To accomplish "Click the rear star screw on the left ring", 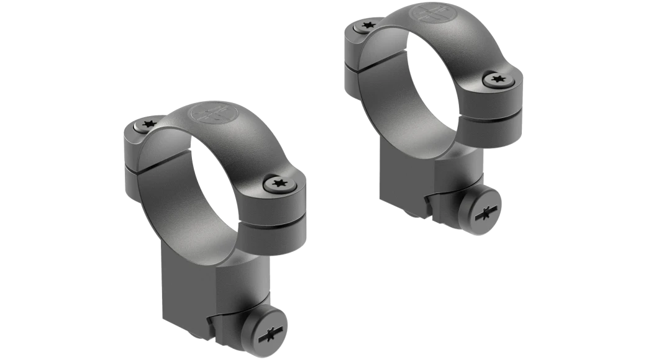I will pyautogui.click(x=148, y=125).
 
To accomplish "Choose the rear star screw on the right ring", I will pyautogui.click(x=361, y=26).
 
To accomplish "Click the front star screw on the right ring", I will pyautogui.click(x=496, y=79).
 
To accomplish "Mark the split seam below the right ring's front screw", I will pyautogui.click(x=501, y=114).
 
